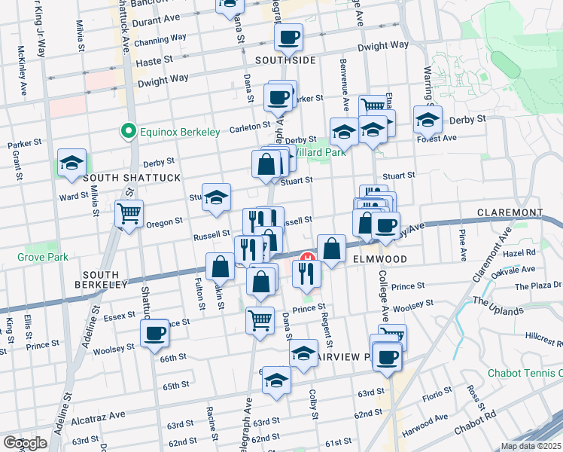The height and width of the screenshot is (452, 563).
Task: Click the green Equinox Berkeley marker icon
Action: pos(129,132)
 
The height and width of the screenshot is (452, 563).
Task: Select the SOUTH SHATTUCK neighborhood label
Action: pos(132,177)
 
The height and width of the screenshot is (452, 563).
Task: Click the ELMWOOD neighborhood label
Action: pos(380,259)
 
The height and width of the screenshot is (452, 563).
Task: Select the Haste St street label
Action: pos(154,58)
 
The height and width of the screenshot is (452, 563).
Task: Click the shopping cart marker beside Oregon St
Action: pos(129,213)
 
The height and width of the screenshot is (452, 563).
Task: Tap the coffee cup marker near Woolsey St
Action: pos(155,334)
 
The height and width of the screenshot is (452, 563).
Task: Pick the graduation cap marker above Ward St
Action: pos(72,163)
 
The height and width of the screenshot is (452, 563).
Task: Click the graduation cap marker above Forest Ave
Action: pos(428,119)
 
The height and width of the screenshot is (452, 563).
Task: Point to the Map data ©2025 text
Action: pos(530,446)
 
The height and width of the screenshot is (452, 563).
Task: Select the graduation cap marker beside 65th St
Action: pos(277,381)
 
